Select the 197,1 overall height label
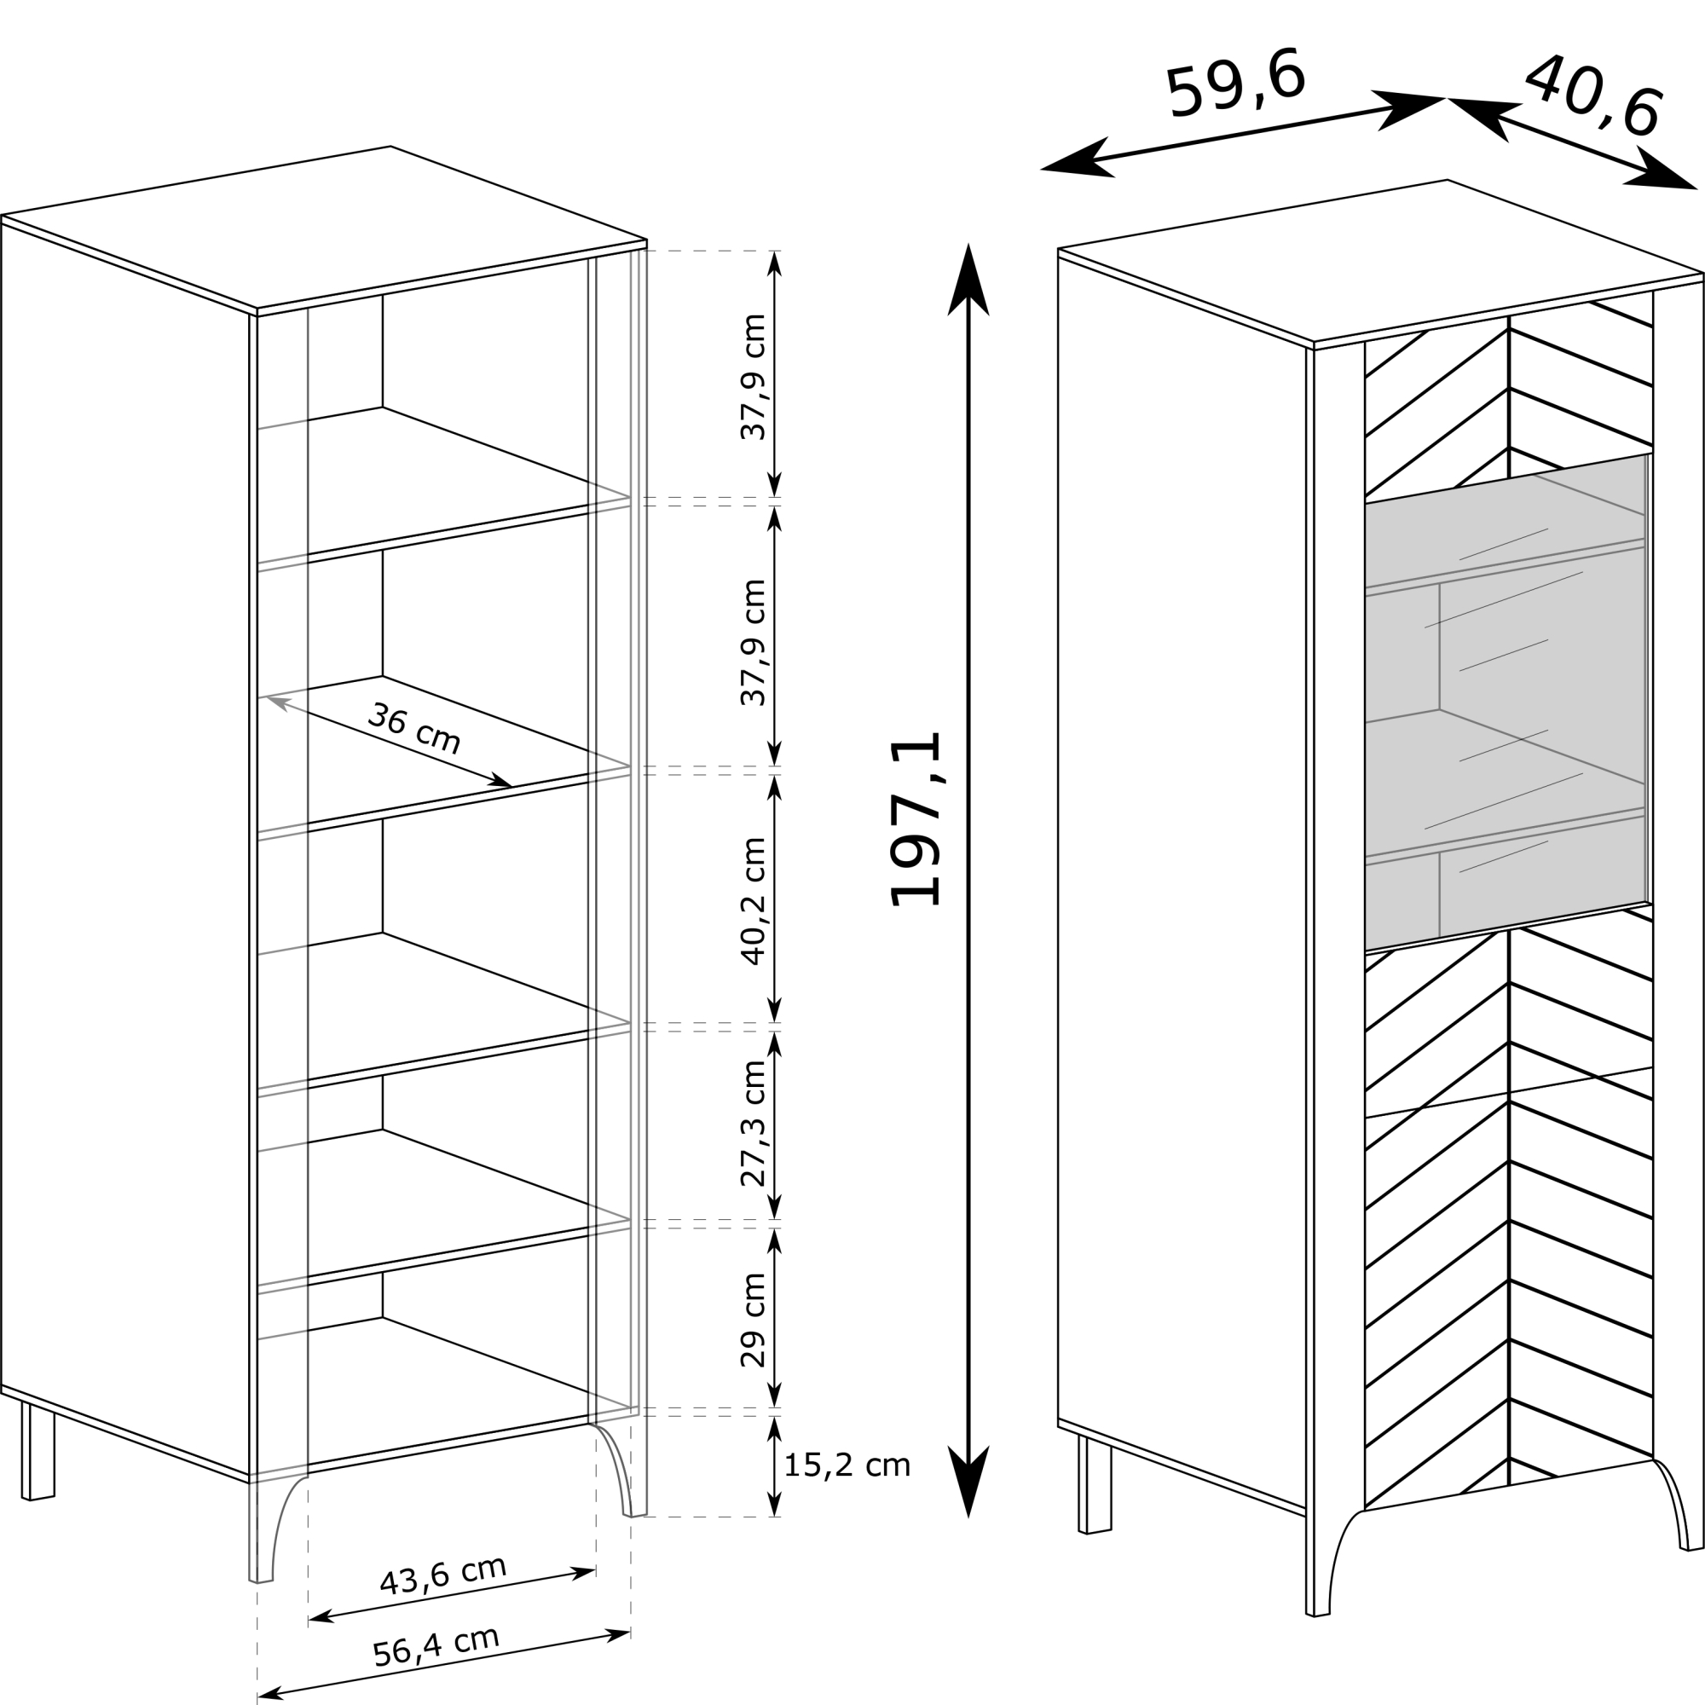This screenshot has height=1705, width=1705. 915,819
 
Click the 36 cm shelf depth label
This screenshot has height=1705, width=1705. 413,729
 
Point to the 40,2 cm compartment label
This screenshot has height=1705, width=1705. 753,901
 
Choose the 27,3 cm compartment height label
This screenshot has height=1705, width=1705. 753,1124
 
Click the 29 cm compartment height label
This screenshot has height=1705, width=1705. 753,1321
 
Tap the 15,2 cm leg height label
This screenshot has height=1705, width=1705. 847,1465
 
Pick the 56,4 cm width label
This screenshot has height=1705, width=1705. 436,1646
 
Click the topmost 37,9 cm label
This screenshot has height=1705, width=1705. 753,377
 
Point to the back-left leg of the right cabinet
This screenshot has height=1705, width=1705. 1095,1483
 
